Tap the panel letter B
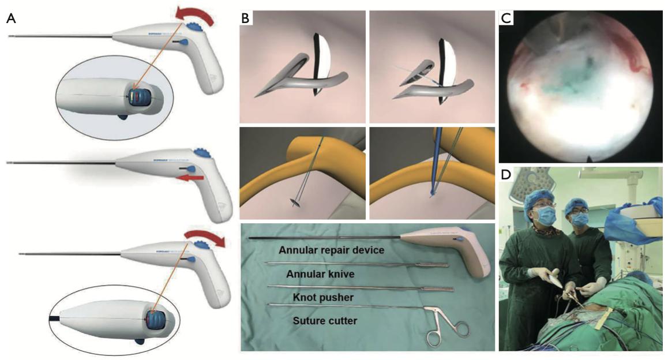[246, 18]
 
